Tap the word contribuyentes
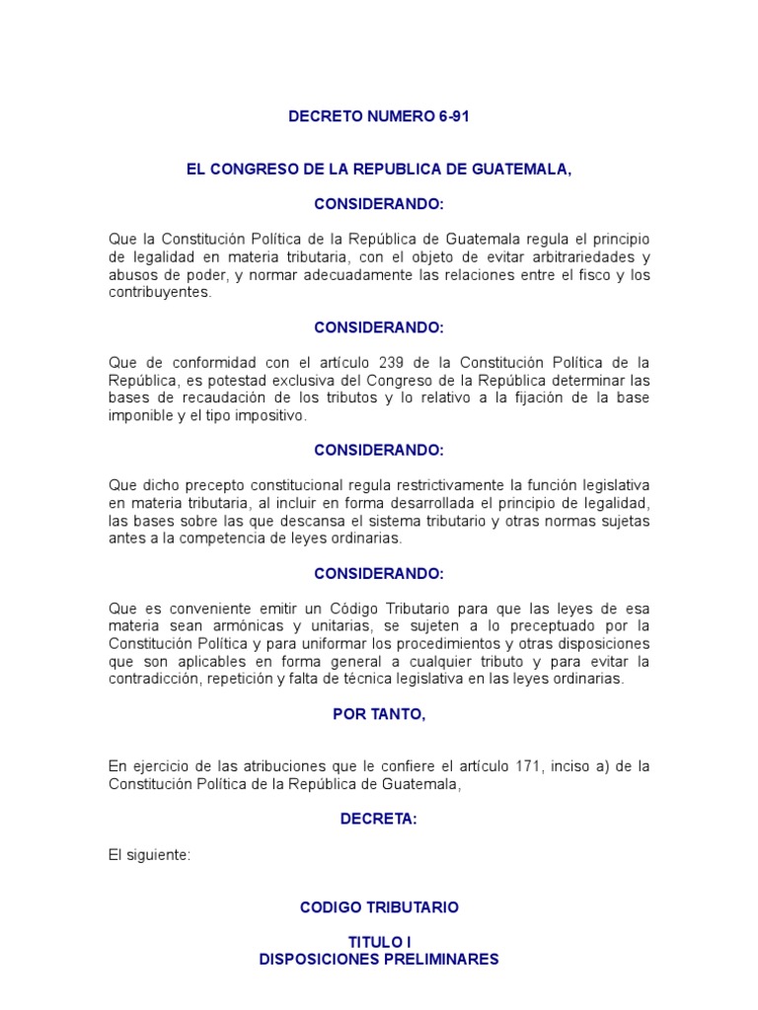tap(159, 293)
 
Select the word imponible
tap(140, 416)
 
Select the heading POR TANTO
tap(379, 715)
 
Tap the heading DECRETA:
tap(379, 820)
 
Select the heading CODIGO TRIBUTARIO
tap(379, 907)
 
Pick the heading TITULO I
tap(379, 943)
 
